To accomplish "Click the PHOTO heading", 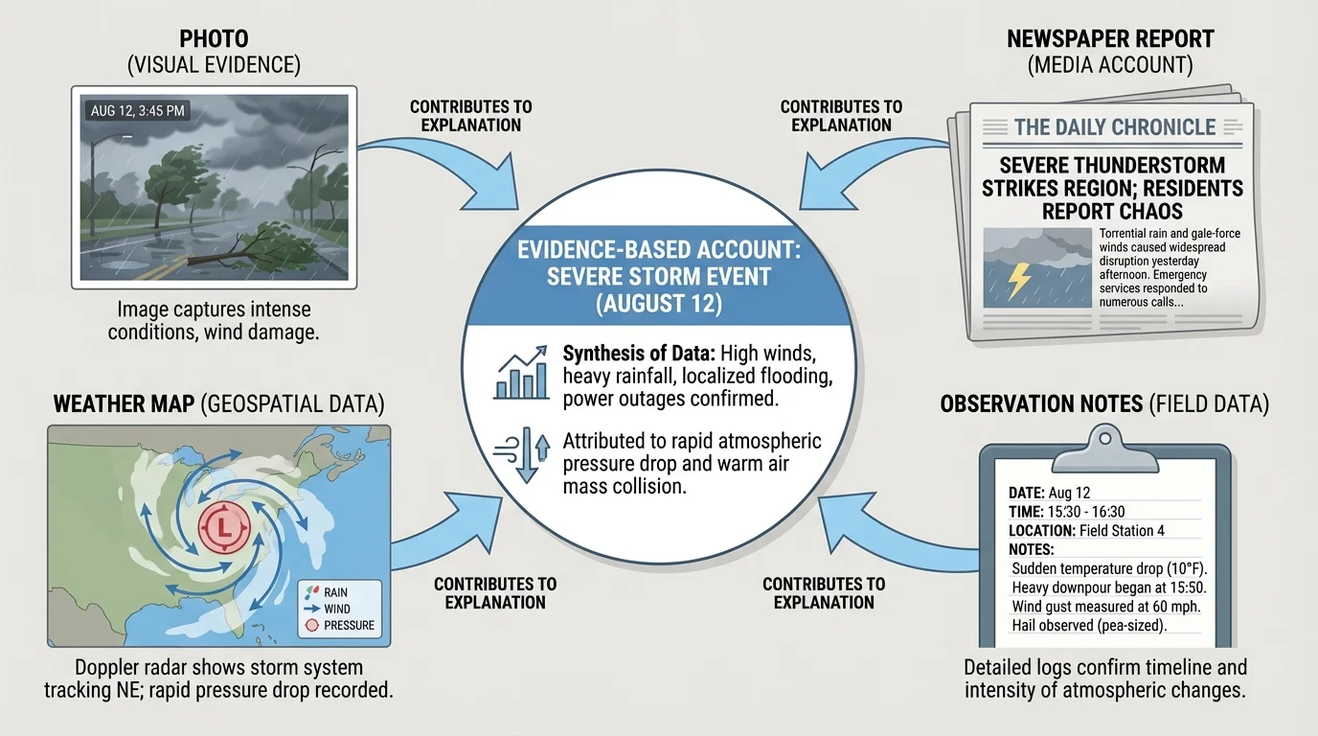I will click(214, 39).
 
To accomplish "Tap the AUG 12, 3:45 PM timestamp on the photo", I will click(137, 111).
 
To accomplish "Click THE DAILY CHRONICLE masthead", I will click(1114, 126).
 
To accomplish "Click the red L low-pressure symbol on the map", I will click(223, 527).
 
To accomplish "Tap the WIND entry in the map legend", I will click(335, 609).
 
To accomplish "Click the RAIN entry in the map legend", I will click(334, 592).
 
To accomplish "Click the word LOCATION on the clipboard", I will click(1041, 530).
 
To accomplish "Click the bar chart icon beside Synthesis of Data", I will click(521, 373).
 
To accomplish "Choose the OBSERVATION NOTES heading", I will click(1043, 403).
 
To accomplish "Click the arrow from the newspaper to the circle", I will click(867, 172).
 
